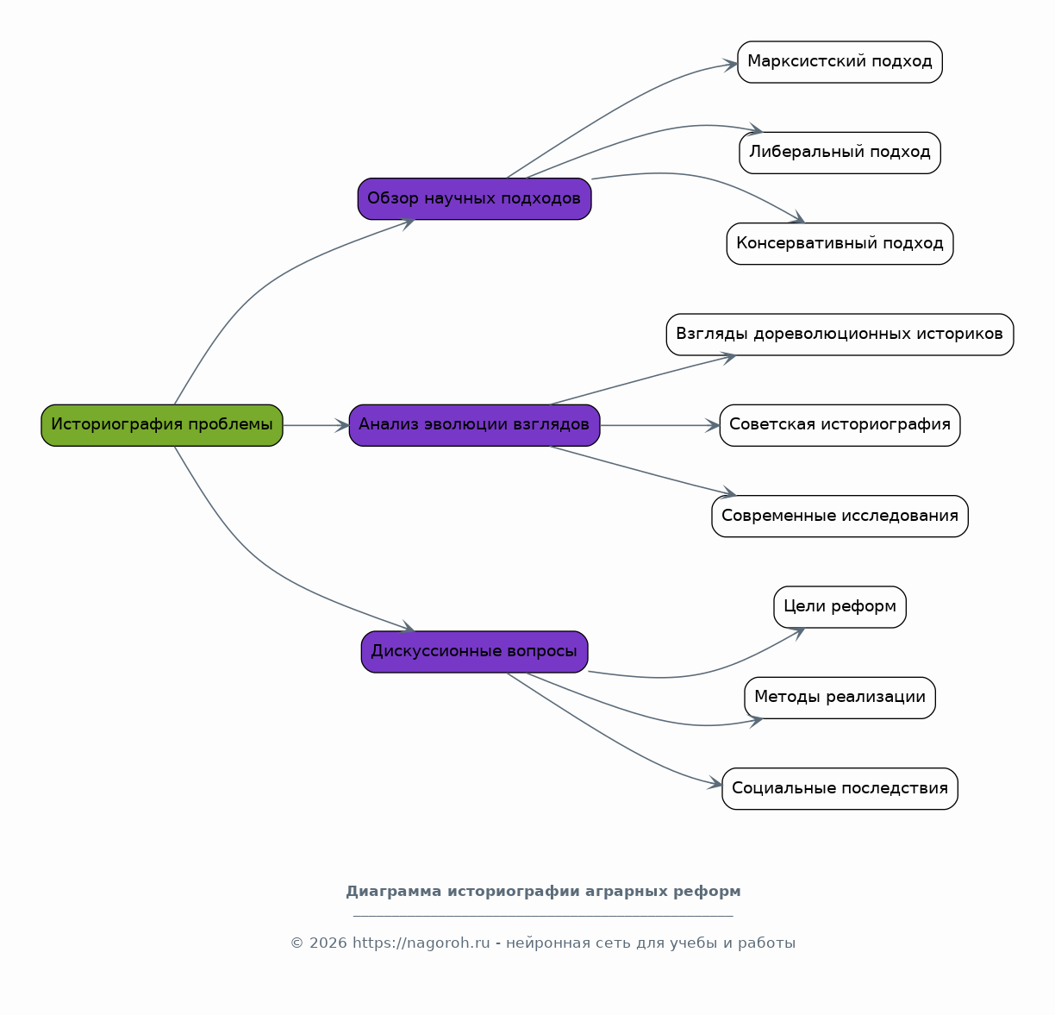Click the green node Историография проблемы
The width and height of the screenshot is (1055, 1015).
161,425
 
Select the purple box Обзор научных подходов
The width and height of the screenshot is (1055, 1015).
474,199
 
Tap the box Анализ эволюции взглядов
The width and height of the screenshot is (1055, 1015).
474,425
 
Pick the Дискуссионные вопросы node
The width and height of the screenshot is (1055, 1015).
474,652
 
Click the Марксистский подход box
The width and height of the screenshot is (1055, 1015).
840,62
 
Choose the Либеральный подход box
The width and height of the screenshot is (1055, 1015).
840,153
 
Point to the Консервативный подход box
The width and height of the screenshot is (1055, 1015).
840,243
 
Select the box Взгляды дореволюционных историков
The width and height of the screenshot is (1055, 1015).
840,335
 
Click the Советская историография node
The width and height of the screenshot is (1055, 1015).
840,425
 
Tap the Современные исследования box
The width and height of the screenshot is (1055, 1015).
840,516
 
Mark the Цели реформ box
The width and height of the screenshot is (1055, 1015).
840,607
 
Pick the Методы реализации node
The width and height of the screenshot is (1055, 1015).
840,698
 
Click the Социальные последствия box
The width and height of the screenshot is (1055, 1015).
840,789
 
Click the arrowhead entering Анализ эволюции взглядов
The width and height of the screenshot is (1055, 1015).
343,425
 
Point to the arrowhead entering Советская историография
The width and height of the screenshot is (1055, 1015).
712,425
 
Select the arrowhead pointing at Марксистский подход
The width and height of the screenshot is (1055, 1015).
731,65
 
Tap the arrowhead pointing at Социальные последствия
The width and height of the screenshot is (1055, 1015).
715,783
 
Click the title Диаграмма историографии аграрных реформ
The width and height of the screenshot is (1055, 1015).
543,892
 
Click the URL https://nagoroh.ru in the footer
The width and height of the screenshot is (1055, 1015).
421,943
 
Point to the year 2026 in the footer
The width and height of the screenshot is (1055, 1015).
328,943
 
